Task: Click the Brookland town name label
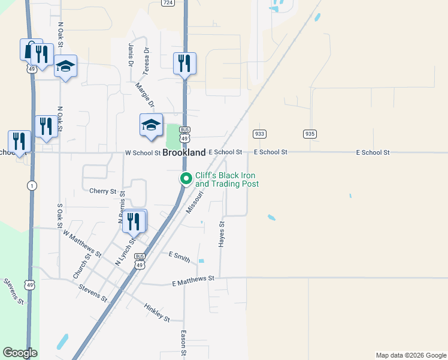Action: (x=184, y=153)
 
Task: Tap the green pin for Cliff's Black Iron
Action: (x=186, y=178)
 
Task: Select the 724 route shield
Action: (x=168, y=3)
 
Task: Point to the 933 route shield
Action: (x=259, y=134)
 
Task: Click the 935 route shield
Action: (x=309, y=134)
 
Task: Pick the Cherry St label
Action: (x=102, y=191)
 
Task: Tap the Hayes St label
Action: (x=222, y=234)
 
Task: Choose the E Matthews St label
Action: (x=193, y=280)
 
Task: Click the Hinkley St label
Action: (x=157, y=311)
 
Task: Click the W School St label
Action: (x=143, y=153)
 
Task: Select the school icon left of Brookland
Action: (x=151, y=125)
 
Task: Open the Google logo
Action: (x=20, y=353)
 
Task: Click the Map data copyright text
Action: (x=410, y=355)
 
